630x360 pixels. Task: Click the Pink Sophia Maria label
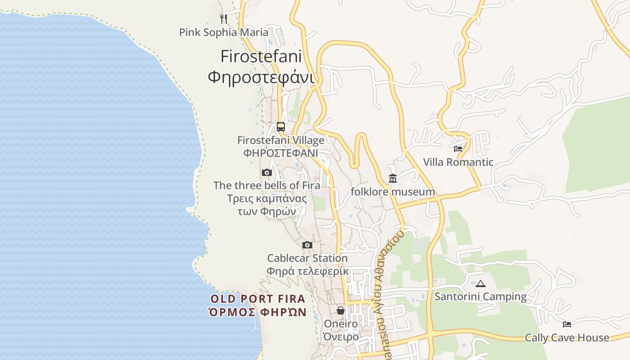[224, 32]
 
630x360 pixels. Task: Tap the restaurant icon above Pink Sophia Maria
[224, 18]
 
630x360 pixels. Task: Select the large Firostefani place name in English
[261, 57]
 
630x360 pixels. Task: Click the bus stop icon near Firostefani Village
[281, 126]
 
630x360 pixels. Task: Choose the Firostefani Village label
[281, 140]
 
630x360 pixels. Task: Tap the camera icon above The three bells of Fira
[267, 172]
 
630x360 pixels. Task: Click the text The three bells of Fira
[267, 185]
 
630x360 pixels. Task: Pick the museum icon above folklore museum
[393, 179]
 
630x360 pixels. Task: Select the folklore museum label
[393, 192]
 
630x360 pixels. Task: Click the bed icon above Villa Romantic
[458, 148]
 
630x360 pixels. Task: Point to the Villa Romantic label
[458, 162]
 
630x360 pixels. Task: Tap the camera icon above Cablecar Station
[307, 245]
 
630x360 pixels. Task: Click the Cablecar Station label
[307, 258]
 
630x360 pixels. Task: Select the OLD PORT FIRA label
[258, 299]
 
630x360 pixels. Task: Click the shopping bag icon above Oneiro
[341, 310]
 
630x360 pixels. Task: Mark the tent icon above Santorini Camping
[481, 283]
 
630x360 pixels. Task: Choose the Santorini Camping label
[481, 297]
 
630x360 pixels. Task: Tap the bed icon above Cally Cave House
[567, 324]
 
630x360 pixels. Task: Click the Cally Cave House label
[567, 337]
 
